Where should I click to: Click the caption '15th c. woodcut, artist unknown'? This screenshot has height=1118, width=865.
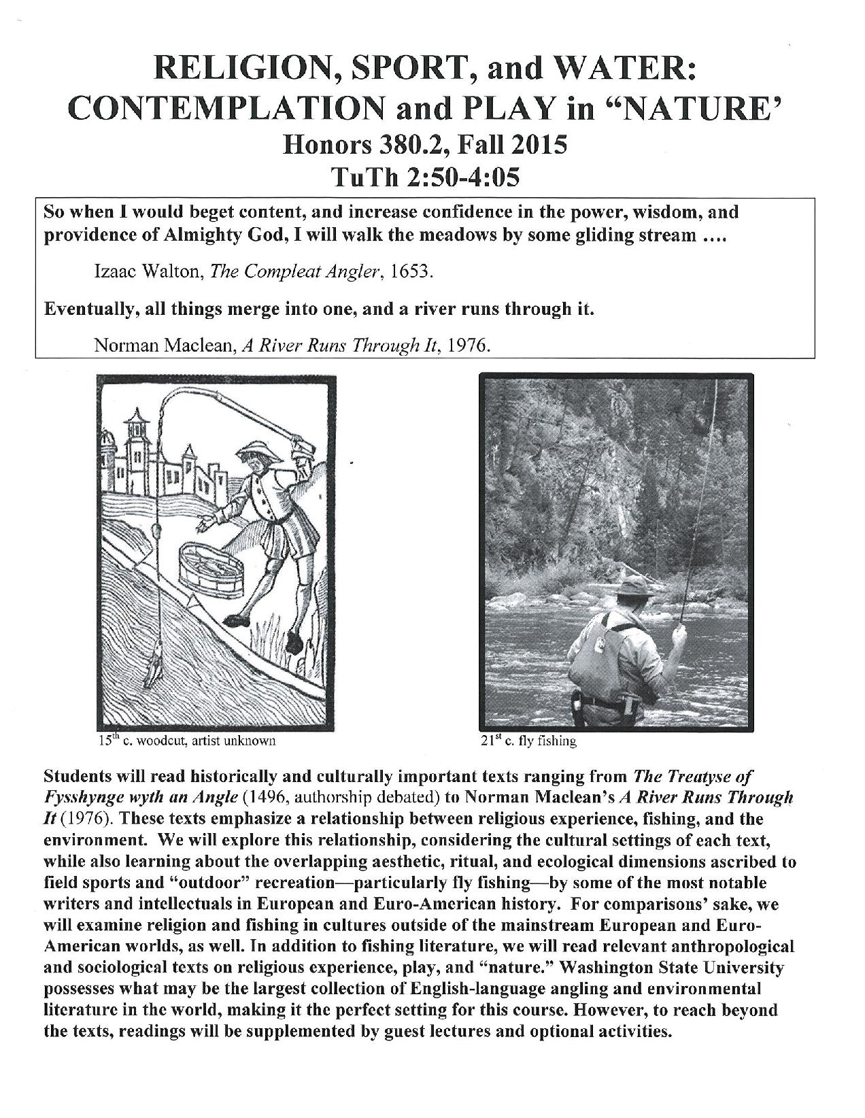pyautogui.click(x=186, y=741)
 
